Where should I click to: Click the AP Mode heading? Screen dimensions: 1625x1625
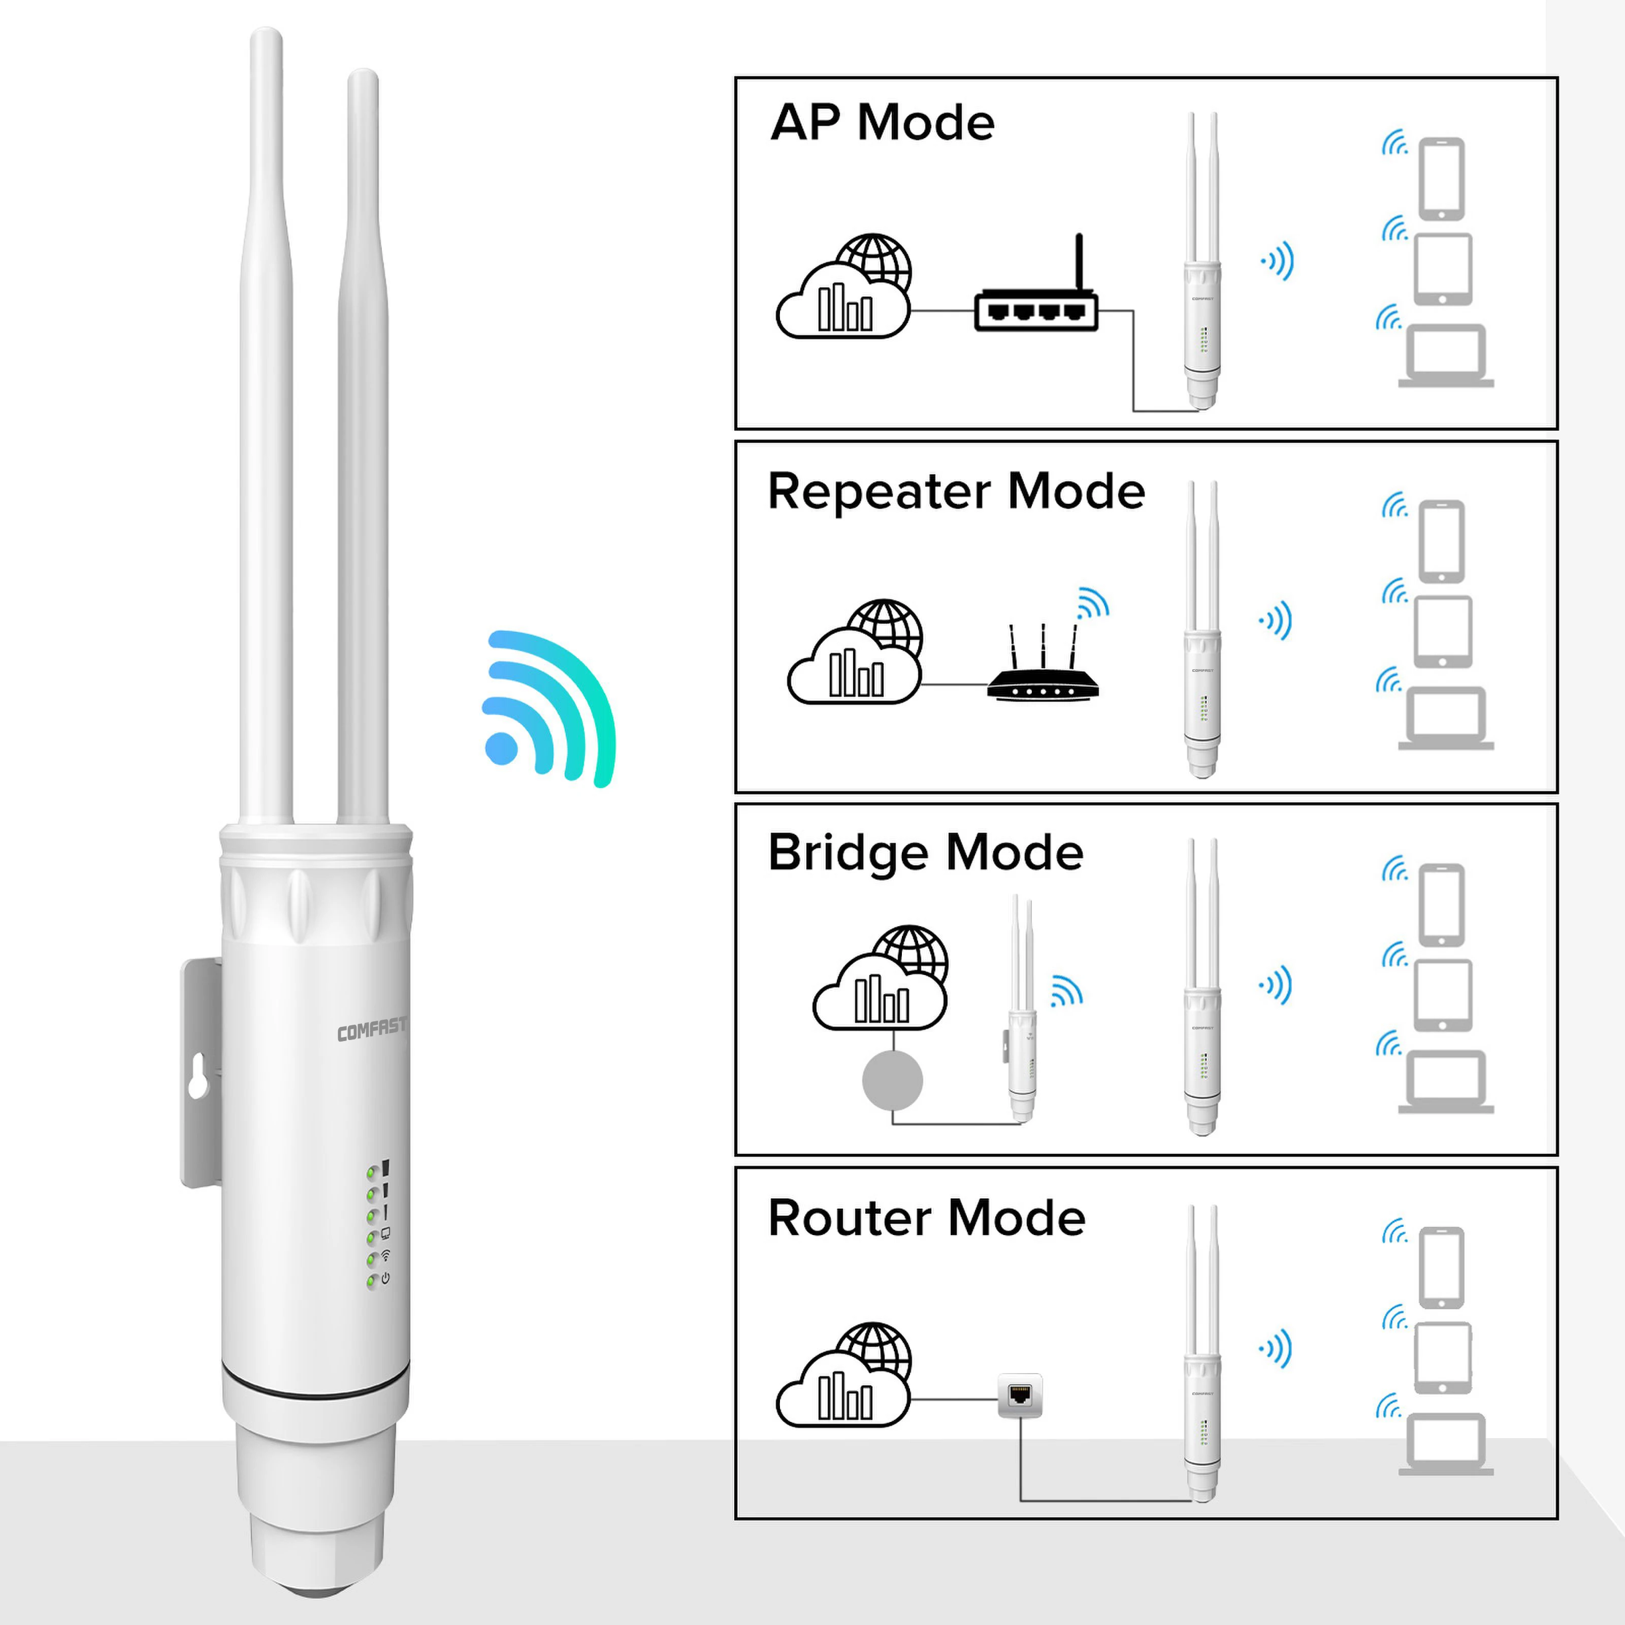coord(882,123)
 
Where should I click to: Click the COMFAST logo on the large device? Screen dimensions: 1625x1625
coord(371,1029)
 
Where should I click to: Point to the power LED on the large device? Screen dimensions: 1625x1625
coord(372,1281)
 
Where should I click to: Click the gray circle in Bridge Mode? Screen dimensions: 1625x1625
coord(892,1081)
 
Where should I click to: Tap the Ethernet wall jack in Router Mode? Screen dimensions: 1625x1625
coord(1019,1396)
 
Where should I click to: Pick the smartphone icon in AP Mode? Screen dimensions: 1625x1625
coord(1442,179)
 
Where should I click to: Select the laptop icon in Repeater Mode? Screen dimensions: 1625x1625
coord(1446,719)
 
